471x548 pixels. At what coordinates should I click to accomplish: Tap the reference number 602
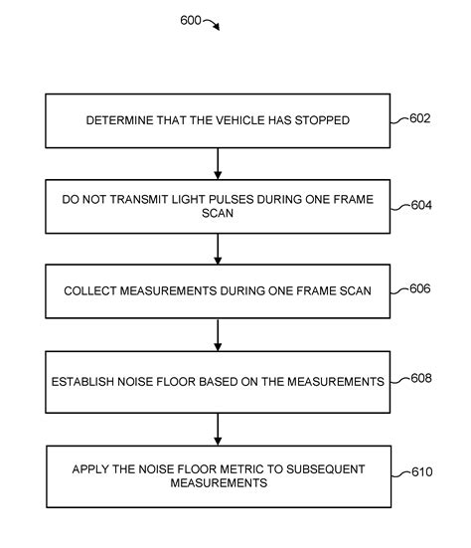pos(419,118)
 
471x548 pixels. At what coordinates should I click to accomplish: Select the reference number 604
pos(422,206)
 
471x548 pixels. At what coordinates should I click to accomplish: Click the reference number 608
pos(421,379)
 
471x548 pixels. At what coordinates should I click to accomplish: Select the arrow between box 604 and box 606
pos(217,248)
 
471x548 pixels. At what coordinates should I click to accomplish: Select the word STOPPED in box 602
pos(326,121)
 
